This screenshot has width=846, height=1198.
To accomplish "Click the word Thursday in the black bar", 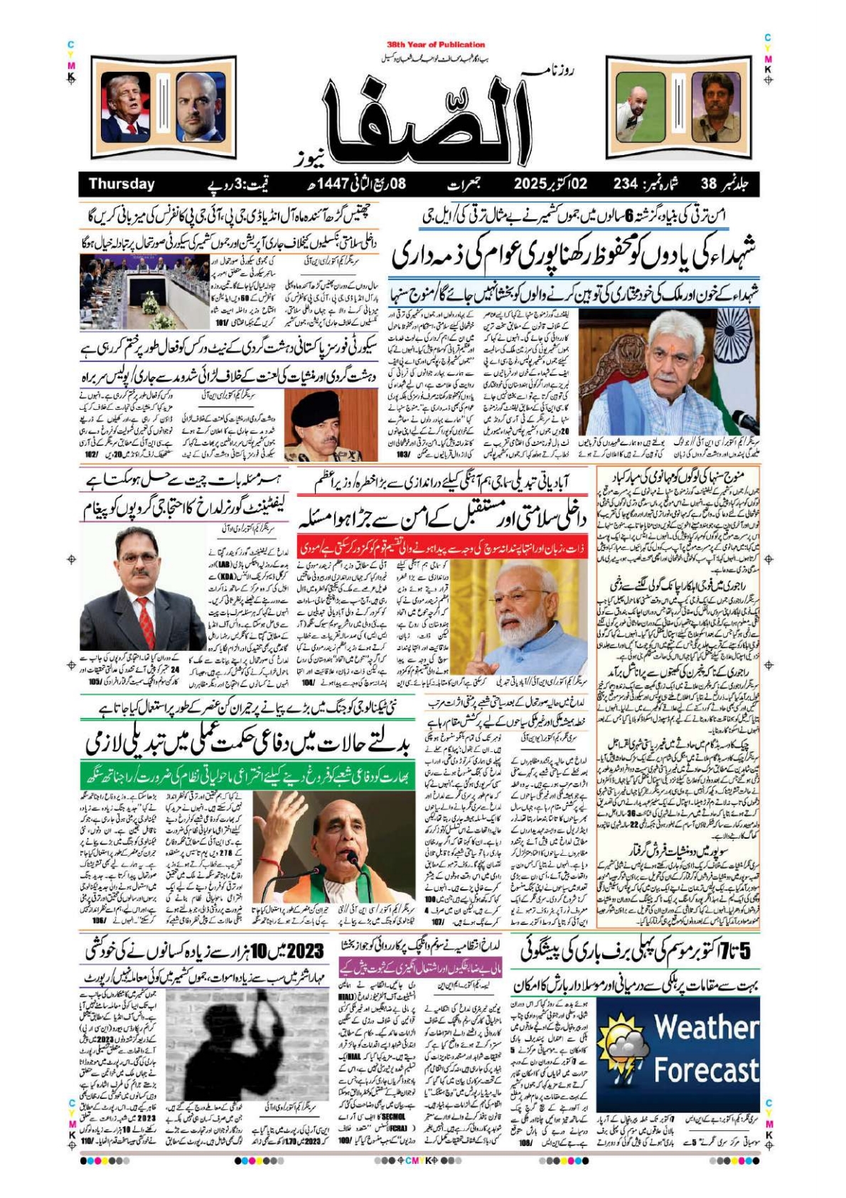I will click(x=122, y=184).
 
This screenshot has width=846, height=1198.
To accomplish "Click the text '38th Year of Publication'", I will click(x=436, y=44).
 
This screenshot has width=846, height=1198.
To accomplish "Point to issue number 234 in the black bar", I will click(x=626, y=184).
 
